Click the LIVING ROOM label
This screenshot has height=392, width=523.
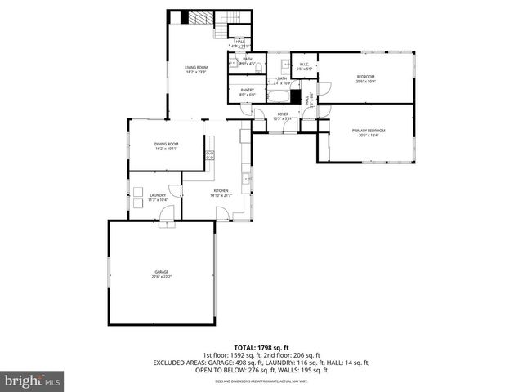(x=195, y=68)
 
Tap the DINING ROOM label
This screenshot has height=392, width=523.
(x=166, y=145)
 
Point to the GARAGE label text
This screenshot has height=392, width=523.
(x=163, y=273)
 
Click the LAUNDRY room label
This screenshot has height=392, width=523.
(x=158, y=195)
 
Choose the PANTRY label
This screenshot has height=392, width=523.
(x=247, y=91)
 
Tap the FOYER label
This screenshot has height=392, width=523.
(x=283, y=114)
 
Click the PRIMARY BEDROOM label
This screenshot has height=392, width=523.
(x=369, y=131)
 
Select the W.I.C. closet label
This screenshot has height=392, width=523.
(x=302, y=65)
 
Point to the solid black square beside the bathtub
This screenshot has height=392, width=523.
(x=296, y=94)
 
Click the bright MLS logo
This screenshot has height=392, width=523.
(x=33, y=381)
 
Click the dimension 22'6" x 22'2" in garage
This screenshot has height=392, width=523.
(x=163, y=277)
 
